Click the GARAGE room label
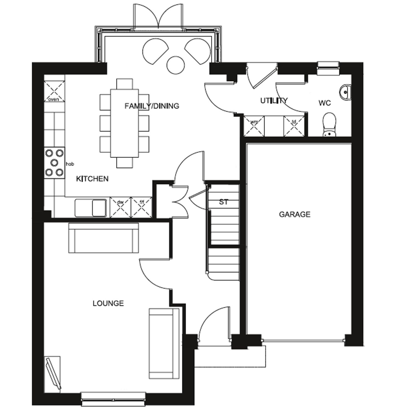(x=295, y=214)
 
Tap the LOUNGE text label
(x=108, y=303)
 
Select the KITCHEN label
(x=92, y=179)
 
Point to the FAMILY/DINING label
(x=152, y=106)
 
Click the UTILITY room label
(x=274, y=101)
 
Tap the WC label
(x=325, y=103)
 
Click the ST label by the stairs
(x=224, y=202)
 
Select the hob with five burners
(x=55, y=163)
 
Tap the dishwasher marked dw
(x=121, y=207)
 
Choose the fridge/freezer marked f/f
(x=141, y=207)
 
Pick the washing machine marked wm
(x=254, y=126)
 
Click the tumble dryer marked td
(x=294, y=126)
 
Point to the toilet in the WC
(x=329, y=125)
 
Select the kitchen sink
(x=91, y=208)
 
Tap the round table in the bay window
(x=175, y=65)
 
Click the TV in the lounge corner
(x=53, y=373)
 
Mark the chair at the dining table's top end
(x=124, y=84)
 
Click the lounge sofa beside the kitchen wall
(x=103, y=238)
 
